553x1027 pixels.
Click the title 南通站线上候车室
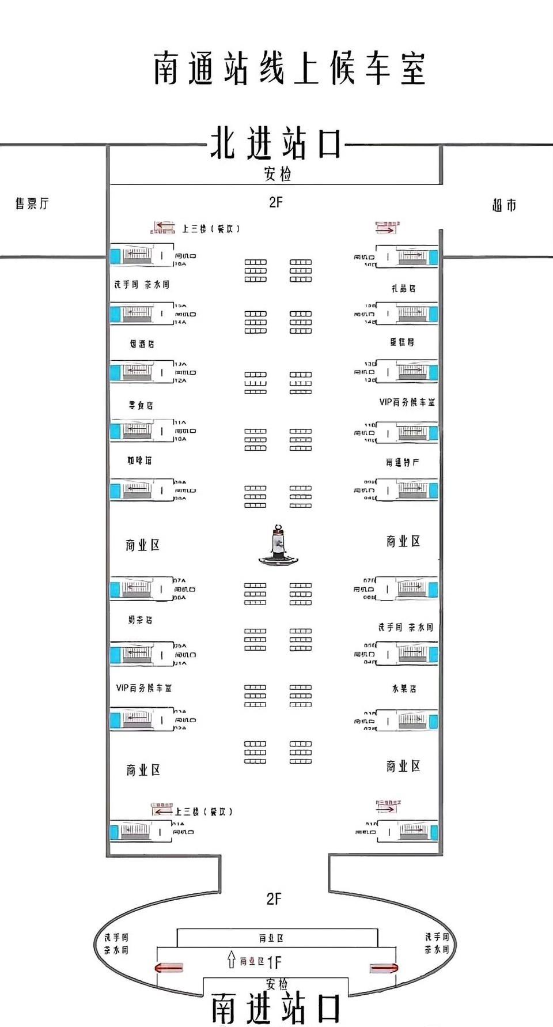click(x=289, y=69)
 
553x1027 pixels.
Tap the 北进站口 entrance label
click(x=276, y=144)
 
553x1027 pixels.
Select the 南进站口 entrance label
click(x=276, y=1008)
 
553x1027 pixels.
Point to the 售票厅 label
click(x=32, y=203)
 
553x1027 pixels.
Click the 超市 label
click(x=504, y=205)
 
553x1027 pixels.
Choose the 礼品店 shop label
click(x=403, y=288)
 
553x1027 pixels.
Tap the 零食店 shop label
click(x=141, y=405)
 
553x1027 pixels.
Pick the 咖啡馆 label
click(x=139, y=460)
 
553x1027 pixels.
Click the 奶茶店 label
click(x=140, y=620)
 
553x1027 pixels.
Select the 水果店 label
click(x=404, y=688)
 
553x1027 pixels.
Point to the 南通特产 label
click(x=402, y=462)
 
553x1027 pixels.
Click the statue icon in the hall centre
click(x=278, y=545)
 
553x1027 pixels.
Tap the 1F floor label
click(x=274, y=962)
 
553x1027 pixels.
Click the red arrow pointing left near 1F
click(x=169, y=967)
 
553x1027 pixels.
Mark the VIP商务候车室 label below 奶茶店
click(x=143, y=688)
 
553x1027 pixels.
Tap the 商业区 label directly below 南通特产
click(x=403, y=541)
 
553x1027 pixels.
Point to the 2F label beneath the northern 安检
click(x=276, y=202)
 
